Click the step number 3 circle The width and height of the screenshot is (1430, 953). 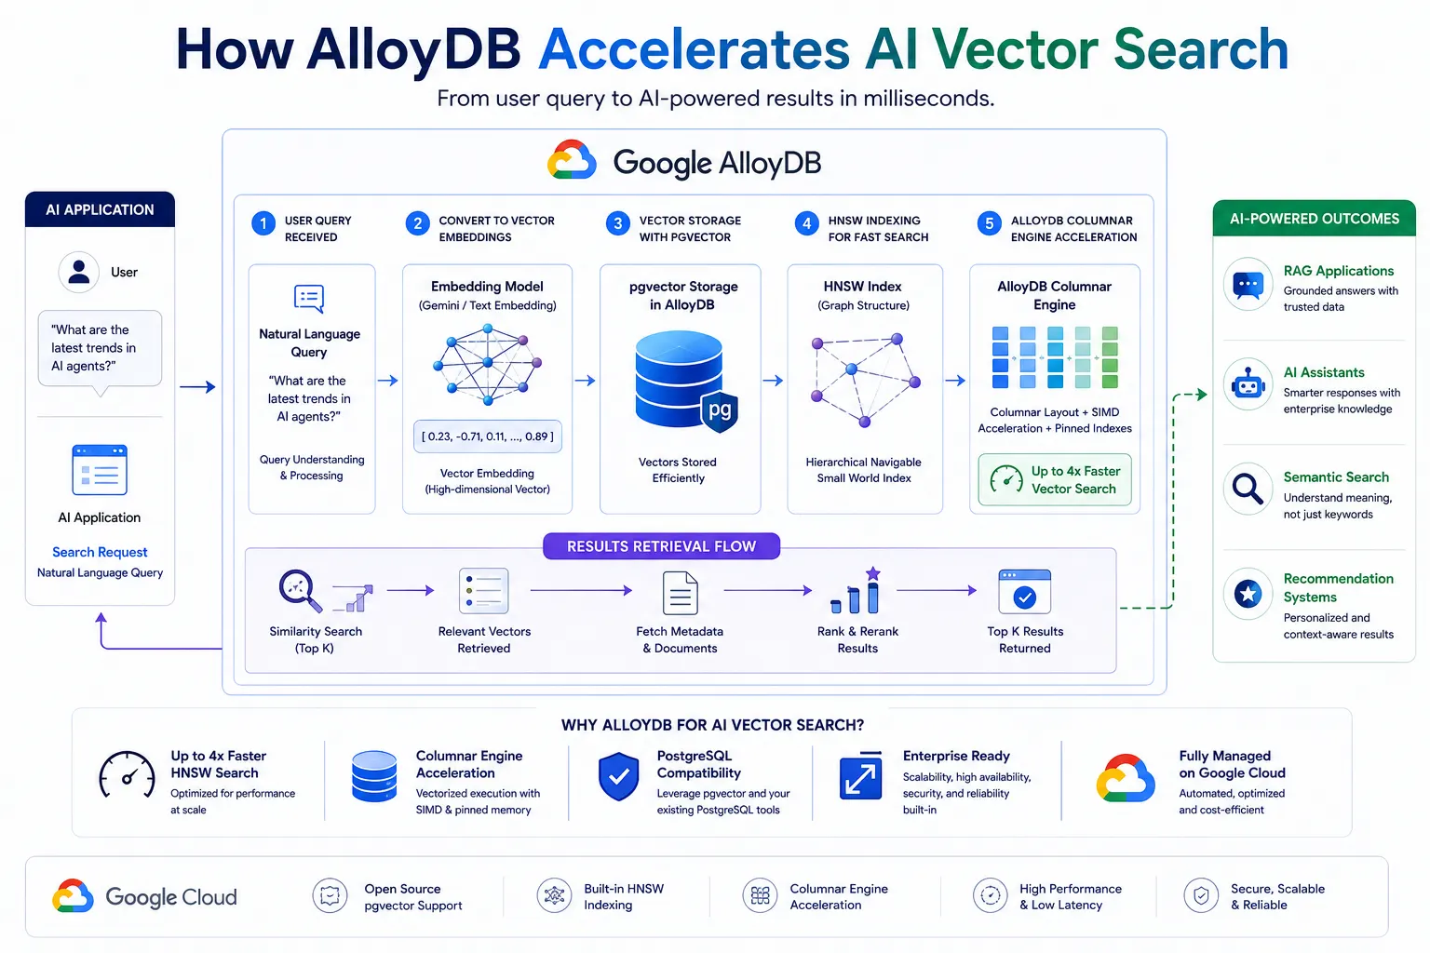[x=617, y=223]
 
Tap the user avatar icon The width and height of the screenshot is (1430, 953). [x=78, y=272]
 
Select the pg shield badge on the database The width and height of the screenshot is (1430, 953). [x=720, y=411]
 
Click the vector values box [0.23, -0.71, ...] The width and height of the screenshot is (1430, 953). [x=488, y=436]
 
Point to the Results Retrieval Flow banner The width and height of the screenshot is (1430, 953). [x=661, y=546]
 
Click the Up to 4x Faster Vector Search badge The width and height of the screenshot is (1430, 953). [x=1055, y=480]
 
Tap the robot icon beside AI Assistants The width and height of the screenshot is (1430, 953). [x=1248, y=384]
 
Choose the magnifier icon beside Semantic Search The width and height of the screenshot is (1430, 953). [x=1248, y=489]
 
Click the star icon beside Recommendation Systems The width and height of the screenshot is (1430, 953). [x=1248, y=595]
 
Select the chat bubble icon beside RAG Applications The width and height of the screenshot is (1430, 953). [x=1248, y=284]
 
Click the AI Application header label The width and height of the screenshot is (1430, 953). [x=100, y=209]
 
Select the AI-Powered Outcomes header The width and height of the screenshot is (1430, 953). [x=1315, y=219]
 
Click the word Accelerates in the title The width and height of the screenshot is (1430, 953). [x=694, y=49]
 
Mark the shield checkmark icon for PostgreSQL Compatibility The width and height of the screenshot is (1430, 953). [x=618, y=776]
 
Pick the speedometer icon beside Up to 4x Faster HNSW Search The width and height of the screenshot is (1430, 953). [x=127, y=775]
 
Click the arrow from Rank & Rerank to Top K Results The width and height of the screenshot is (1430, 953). [x=937, y=590]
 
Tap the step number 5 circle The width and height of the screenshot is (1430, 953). [x=989, y=223]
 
